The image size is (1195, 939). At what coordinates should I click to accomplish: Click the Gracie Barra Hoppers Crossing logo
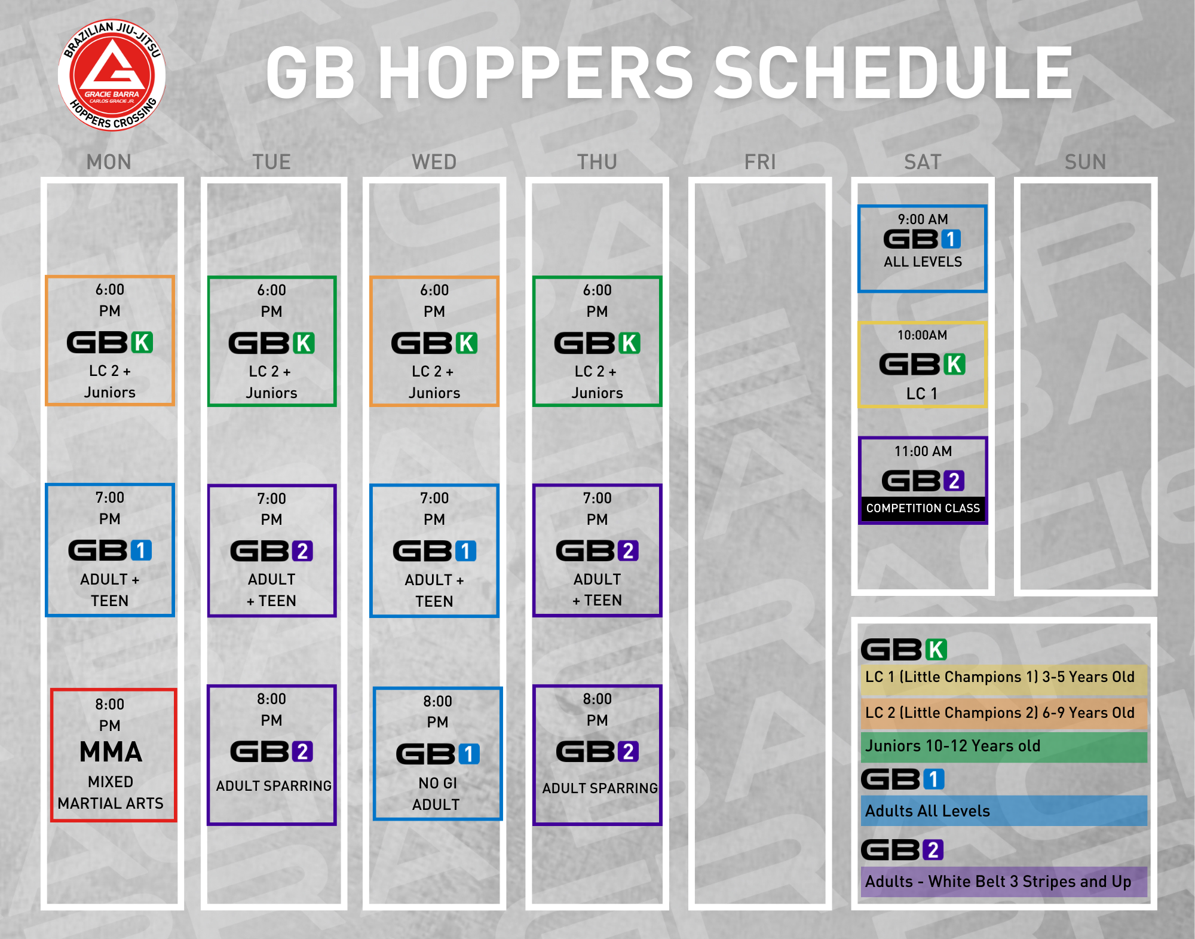click(x=112, y=75)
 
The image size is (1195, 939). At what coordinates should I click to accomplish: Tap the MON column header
click(x=109, y=162)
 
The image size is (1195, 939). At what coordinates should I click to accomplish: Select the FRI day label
click(x=760, y=162)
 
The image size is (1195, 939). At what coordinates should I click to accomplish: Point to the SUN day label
click(x=1085, y=162)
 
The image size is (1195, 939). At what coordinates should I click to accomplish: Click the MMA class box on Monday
click(x=114, y=754)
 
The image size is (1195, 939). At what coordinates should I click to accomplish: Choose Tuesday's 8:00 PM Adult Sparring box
click(x=272, y=754)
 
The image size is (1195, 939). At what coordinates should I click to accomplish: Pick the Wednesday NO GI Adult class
click(x=437, y=753)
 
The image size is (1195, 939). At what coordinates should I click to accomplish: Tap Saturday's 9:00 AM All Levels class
click(x=923, y=249)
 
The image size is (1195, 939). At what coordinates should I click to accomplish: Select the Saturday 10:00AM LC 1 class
click(x=923, y=365)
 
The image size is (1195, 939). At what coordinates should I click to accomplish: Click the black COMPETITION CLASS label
click(x=923, y=508)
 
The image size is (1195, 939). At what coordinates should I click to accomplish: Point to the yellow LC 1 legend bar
click(x=1004, y=679)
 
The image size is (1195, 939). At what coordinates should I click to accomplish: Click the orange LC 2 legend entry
click(x=1004, y=714)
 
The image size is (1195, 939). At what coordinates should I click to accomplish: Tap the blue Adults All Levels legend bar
click(x=1004, y=811)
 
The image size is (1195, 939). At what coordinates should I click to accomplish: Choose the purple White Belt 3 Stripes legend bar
click(x=1004, y=882)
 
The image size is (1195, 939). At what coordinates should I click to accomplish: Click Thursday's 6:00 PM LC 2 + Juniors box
click(x=597, y=341)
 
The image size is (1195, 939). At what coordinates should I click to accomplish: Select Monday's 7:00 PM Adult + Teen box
click(x=110, y=550)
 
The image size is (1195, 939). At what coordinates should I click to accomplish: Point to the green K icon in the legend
click(x=936, y=650)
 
